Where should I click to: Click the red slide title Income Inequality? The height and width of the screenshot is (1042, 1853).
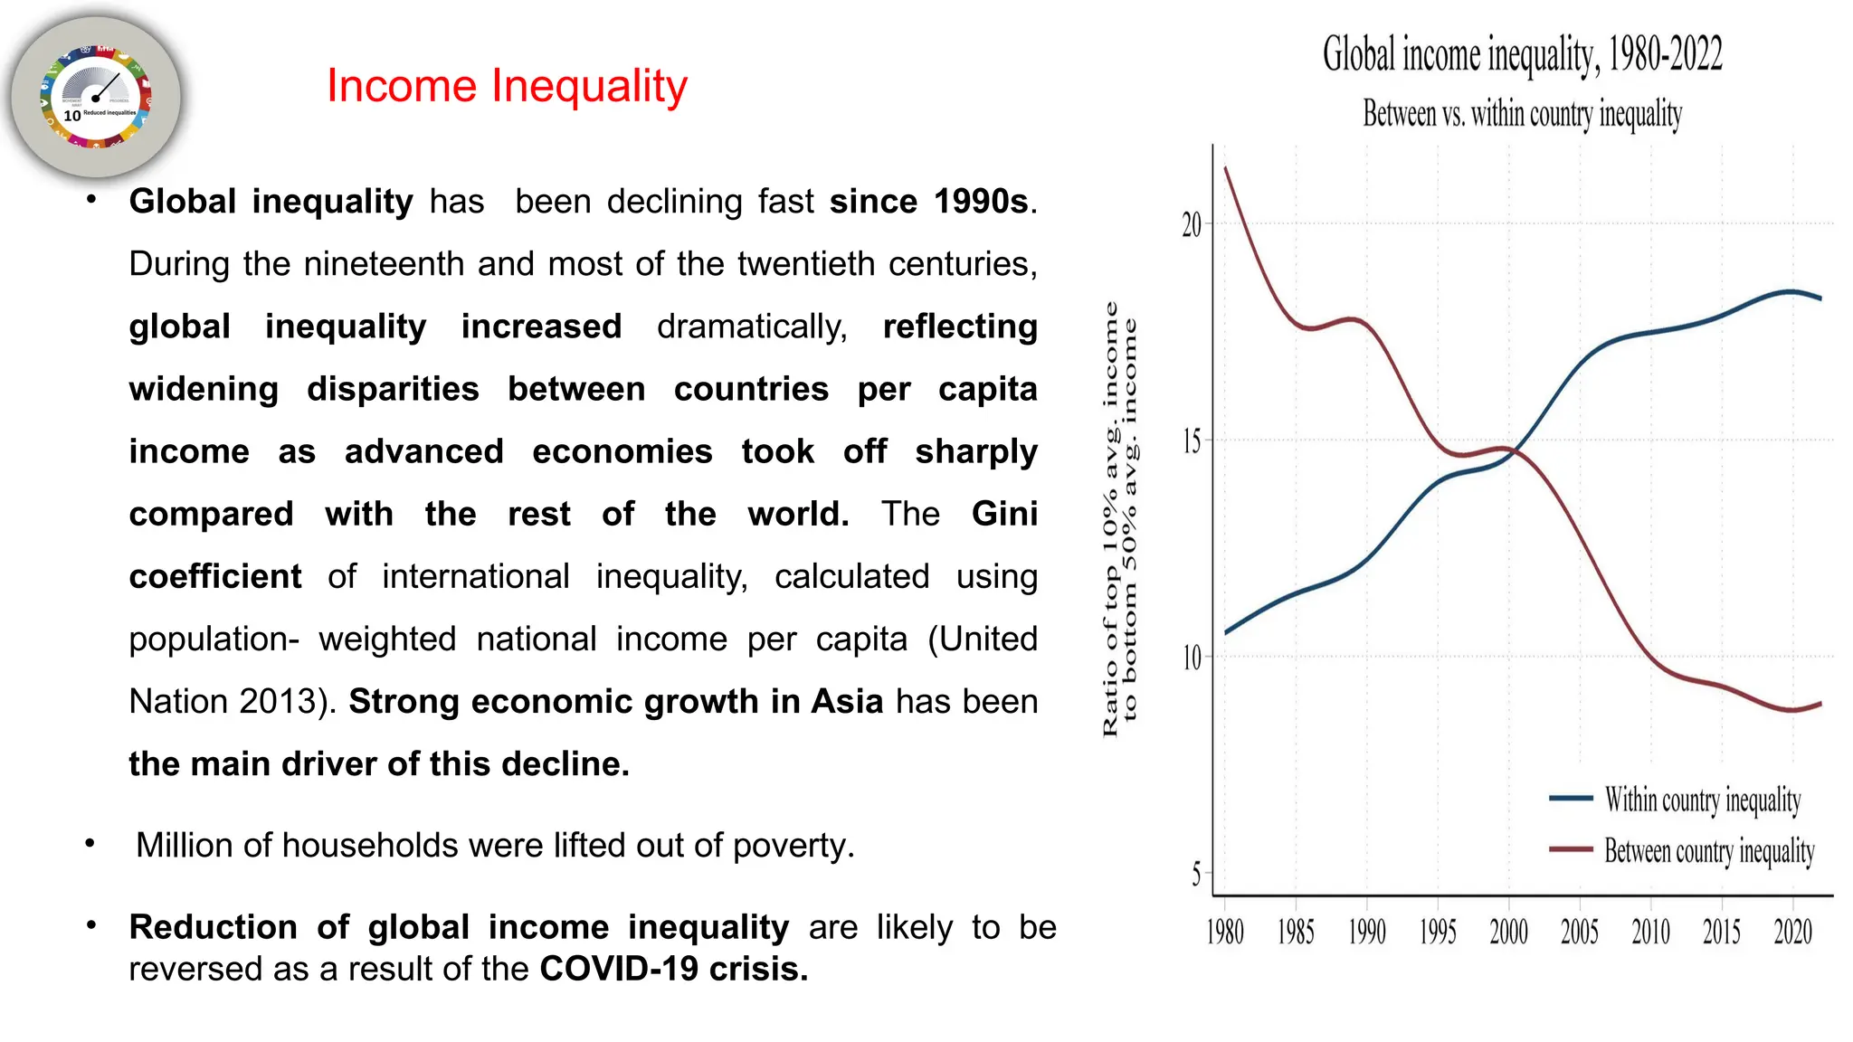point(507,87)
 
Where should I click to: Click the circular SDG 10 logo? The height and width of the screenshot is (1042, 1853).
point(96,96)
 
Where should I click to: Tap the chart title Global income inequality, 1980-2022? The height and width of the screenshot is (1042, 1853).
point(1522,54)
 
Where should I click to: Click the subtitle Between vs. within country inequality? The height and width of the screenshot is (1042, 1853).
point(1522,115)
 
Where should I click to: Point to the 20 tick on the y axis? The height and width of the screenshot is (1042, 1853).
point(1192,224)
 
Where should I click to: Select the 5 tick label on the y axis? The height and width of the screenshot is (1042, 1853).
point(1196,875)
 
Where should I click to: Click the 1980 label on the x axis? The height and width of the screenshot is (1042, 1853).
point(1225,932)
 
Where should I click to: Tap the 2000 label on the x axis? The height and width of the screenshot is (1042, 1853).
point(1508,932)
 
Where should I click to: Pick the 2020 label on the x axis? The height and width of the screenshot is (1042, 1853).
point(1792,932)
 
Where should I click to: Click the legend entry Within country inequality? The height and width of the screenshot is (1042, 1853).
point(1702,800)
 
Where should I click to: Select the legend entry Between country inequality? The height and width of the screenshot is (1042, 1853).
point(1708,851)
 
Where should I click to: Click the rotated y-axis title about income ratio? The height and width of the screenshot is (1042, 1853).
point(1119,520)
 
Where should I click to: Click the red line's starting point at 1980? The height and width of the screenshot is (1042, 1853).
point(1226,168)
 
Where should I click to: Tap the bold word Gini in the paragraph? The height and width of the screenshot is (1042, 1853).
point(1004,514)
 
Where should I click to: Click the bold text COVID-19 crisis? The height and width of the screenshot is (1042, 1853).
point(673,969)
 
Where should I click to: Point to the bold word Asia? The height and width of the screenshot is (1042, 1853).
point(847,702)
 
